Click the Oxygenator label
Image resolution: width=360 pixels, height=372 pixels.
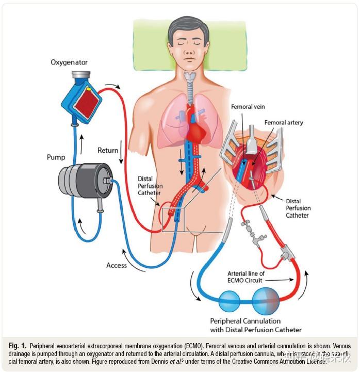click(69, 62)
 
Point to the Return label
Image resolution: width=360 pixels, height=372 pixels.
click(108, 150)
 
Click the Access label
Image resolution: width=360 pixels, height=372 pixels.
click(117, 265)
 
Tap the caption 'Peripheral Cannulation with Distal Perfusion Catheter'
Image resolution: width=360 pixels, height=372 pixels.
click(255, 325)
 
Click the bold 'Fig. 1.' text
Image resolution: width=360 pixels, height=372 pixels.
click(17, 345)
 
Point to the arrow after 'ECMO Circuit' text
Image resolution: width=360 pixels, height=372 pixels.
click(286, 280)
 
